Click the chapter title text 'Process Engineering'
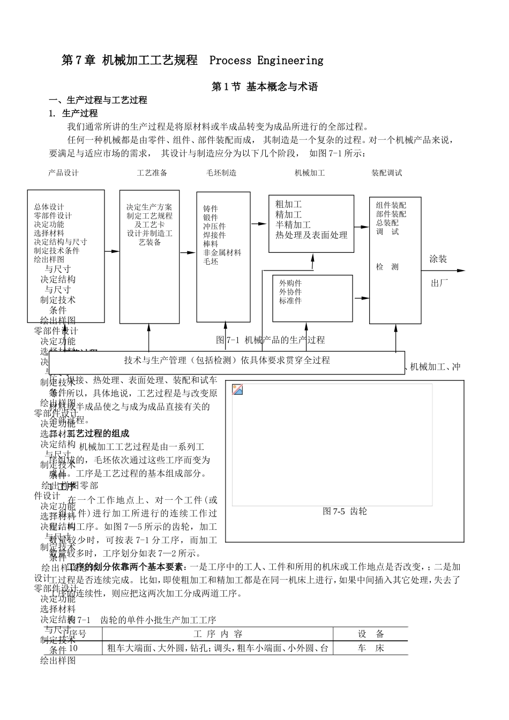click(x=266, y=61)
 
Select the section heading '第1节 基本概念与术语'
click(x=265, y=87)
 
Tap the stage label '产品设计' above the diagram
click(x=63, y=173)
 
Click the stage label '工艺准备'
click(x=152, y=173)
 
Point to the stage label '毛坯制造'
click(x=221, y=173)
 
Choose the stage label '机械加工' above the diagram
click(x=310, y=173)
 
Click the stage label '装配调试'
click(x=387, y=173)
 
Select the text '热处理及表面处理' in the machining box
click(x=311, y=235)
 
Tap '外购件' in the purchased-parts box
click(x=290, y=283)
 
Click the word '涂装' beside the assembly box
click(x=438, y=259)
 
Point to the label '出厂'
click(x=439, y=283)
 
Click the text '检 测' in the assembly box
click(x=387, y=267)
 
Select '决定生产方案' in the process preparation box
click(x=149, y=207)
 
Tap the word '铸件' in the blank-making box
click(x=211, y=209)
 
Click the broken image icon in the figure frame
click(x=237, y=389)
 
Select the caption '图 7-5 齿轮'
click(x=345, y=512)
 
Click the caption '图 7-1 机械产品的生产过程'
click(x=270, y=340)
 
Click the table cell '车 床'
click(x=371, y=648)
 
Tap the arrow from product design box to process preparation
click(x=112, y=251)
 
